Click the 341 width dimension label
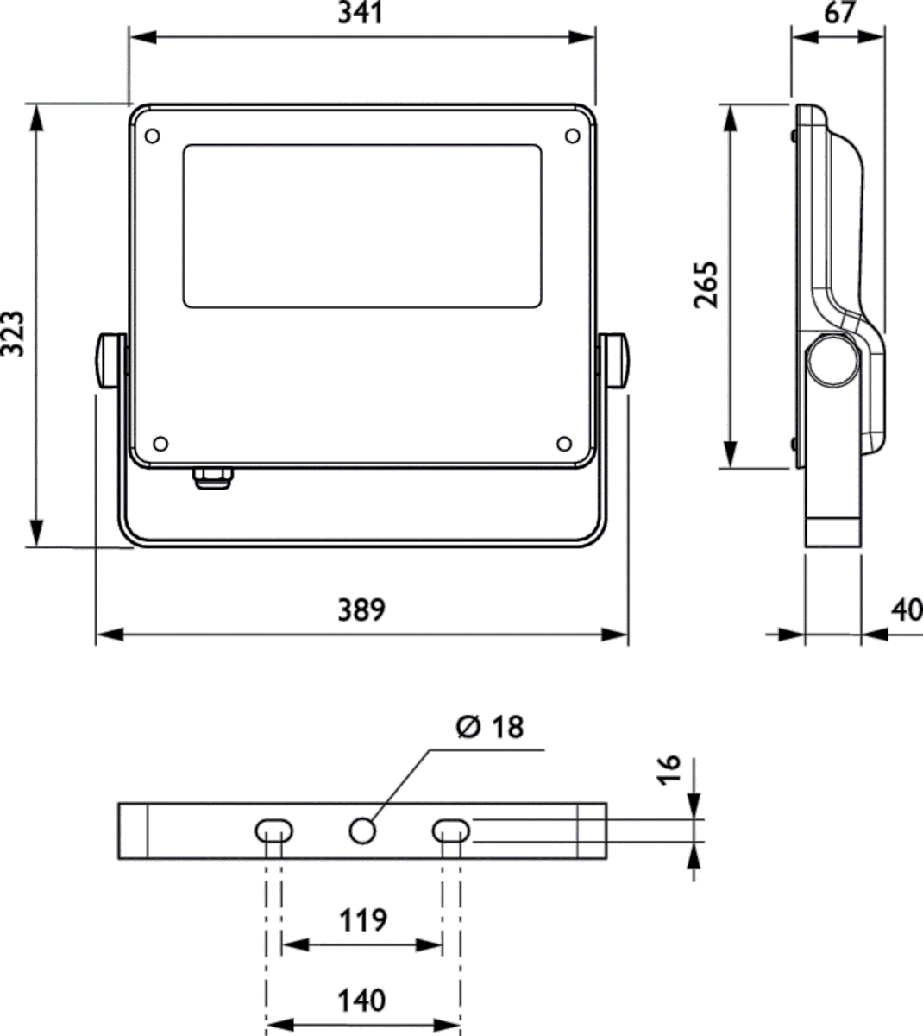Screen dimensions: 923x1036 point(361,13)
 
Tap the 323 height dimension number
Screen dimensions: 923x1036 point(13,333)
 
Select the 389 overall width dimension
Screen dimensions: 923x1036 point(361,610)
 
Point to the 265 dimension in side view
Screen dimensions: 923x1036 point(706,285)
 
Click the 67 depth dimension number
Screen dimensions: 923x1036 point(839,13)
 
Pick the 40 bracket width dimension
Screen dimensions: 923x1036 point(907,610)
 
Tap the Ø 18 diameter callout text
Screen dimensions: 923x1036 point(490,727)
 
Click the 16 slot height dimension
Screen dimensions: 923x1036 point(669,769)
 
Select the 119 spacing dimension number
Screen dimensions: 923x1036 point(363,920)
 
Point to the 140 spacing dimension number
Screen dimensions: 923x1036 point(361,1001)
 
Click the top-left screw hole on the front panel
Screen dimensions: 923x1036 point(153,136)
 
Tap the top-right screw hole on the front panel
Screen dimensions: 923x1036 point(573,136)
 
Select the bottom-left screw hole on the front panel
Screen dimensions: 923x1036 point(160,444)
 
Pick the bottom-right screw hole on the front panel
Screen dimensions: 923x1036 point(564,444)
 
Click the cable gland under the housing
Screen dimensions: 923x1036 point(212,478)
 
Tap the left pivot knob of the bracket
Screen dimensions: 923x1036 point(110,361)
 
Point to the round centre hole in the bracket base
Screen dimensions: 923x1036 point(363,831)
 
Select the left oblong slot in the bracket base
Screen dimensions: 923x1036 point(274,831)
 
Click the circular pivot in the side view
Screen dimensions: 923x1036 point(833,360)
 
